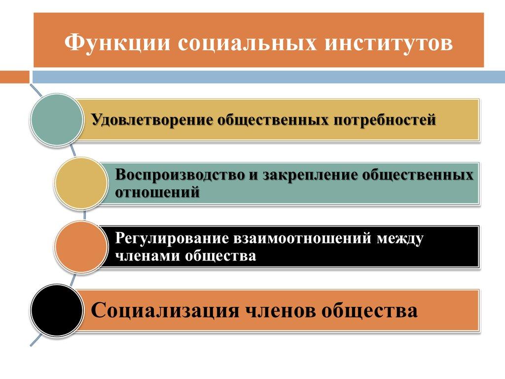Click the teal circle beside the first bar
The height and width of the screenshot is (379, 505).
[x=56, y=120]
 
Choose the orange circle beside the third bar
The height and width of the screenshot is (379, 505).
[x=80, y=246]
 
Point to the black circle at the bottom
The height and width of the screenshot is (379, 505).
[x=56, y=310]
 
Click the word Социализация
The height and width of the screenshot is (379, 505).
[x=165, y=311]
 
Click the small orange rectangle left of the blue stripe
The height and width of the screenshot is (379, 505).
[x=14, y=77]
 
